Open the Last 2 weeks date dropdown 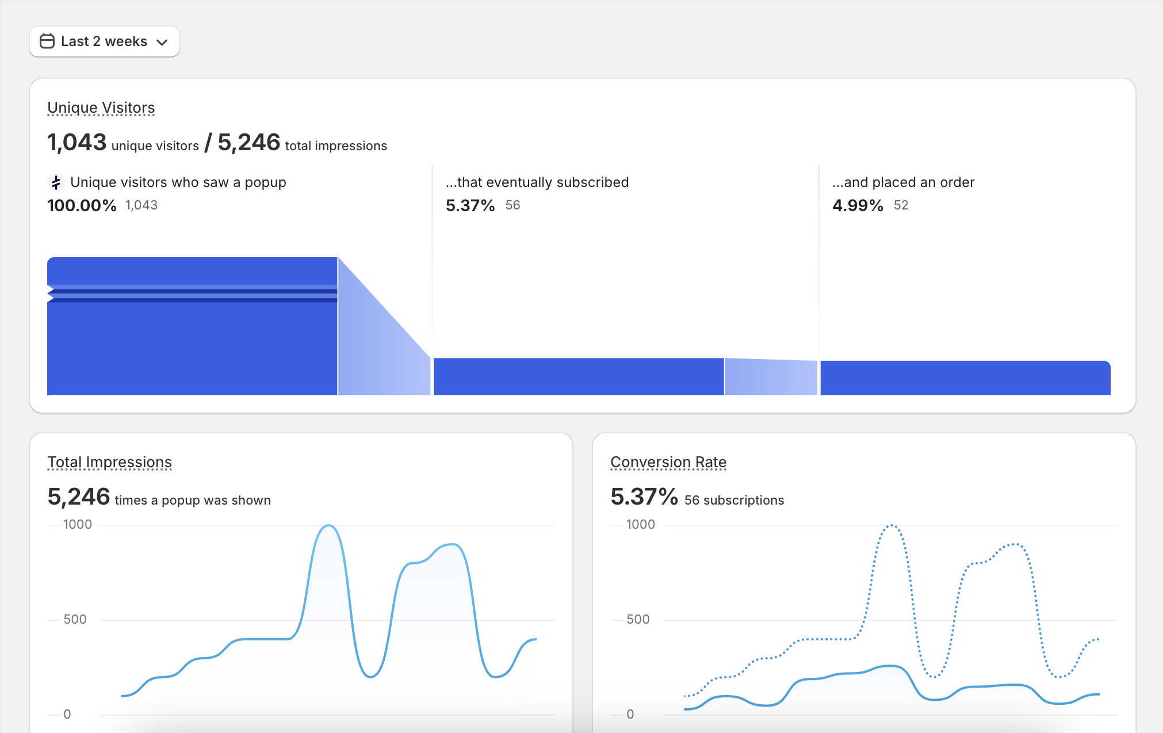tap(104, 41)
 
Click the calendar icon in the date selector tap(47, 41)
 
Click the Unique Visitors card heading tap(101, 108)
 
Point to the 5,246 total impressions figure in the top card tap(248, 142)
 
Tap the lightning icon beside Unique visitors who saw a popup tap(56, 183)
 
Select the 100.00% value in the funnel tap(82, 205)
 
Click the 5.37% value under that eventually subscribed tap(470, 205)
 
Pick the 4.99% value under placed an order tap(858, 205)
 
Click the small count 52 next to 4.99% tap(901, 205)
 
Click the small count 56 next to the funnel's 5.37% tap(512, 205)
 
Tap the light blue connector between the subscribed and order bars tap(771, 377)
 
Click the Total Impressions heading tap(109, 462)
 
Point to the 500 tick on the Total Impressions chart tap(75, 620)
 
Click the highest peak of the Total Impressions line tap(328, 526)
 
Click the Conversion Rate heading tap(668, 462)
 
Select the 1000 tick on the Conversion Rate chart tap(640, 525)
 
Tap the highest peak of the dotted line tap(892, 526)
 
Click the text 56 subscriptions tap(734, 501)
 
